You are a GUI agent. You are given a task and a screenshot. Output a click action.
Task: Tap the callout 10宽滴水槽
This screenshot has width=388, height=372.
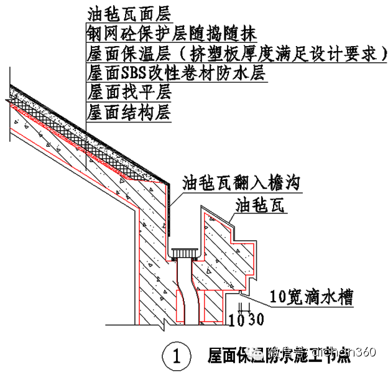click(x=313, y=297)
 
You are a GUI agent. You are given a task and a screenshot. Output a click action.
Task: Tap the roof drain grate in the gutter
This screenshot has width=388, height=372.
click(x=185, y=253)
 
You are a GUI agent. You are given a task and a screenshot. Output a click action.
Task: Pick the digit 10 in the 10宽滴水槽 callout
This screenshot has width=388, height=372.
click(x=279, y=297)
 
